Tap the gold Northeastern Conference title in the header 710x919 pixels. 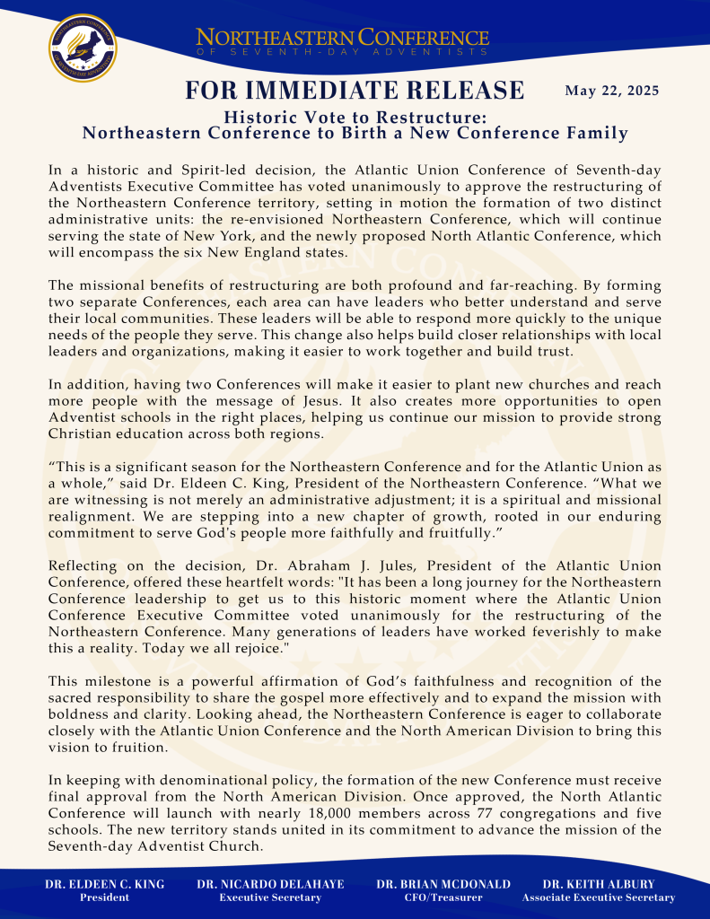click(x=342, y=39)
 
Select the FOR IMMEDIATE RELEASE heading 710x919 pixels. click(x=355, y=90)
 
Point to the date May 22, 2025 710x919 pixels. click(x=612, y=91)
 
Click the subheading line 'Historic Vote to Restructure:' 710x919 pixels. click(x=355, y=118)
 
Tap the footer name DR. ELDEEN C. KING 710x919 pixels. click(x=105, y=884)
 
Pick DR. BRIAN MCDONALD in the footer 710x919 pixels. click(x=443, y=884)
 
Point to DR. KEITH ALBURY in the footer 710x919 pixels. click(x=599, y=884)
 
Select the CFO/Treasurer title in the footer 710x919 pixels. click(x=443, y=897)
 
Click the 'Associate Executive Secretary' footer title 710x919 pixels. click(x=599, y=897)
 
